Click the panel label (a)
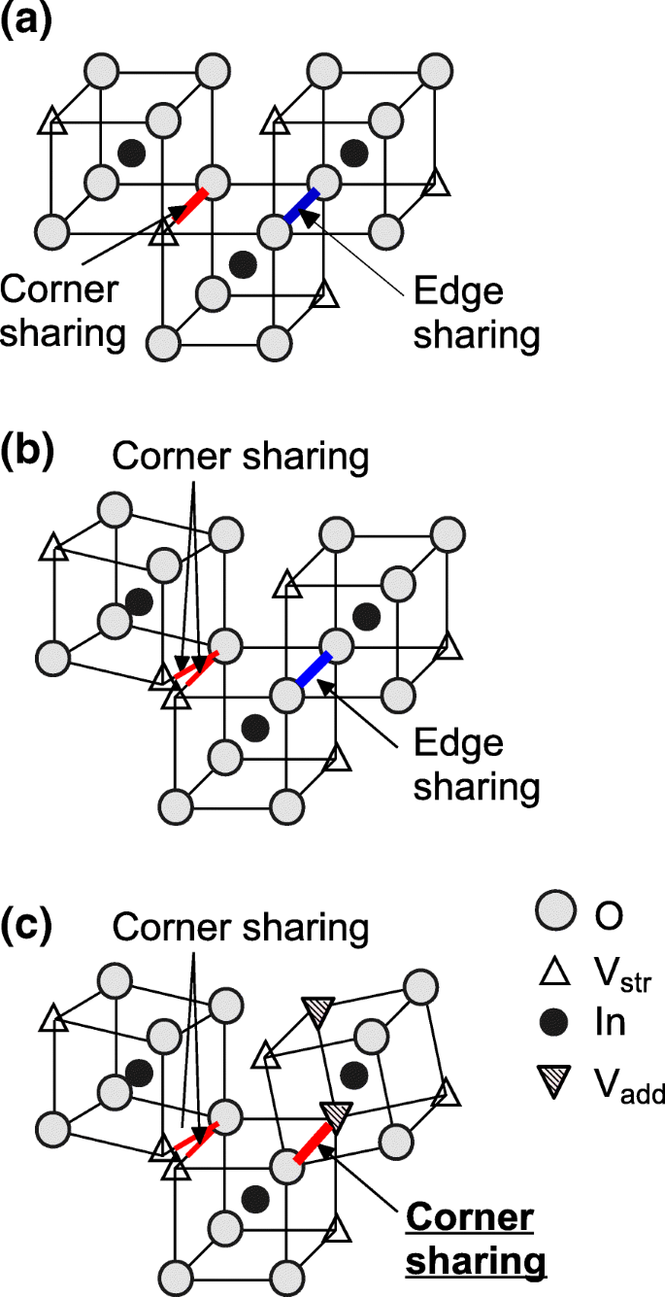26,20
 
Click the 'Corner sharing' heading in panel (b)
241,456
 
